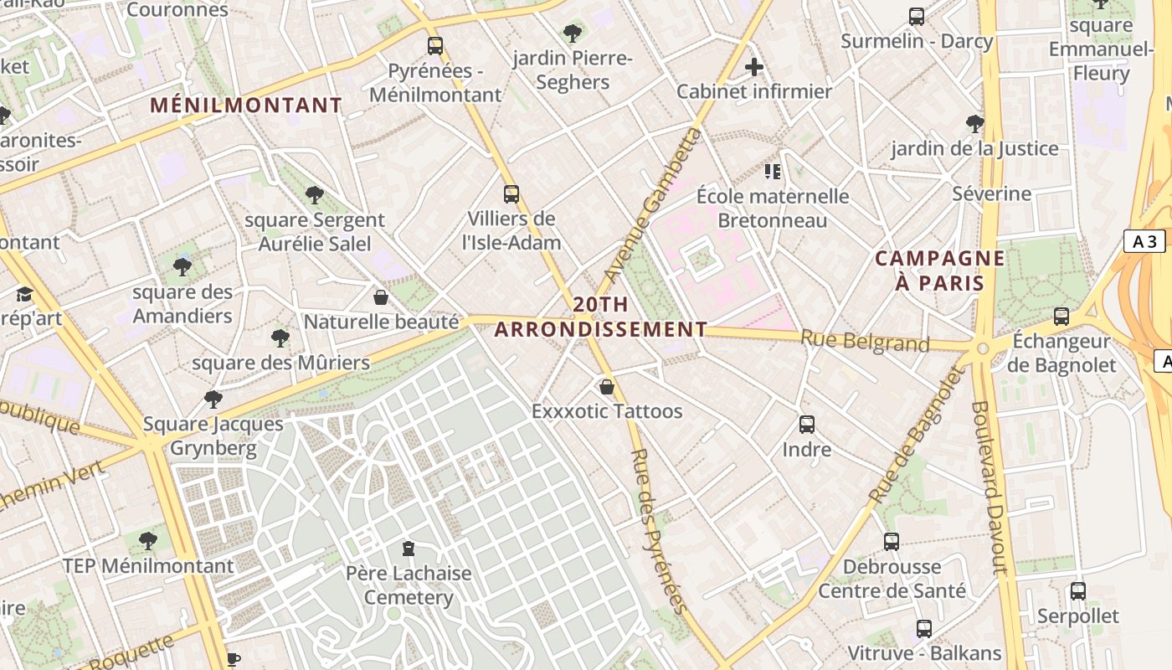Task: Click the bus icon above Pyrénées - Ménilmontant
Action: point(435,46)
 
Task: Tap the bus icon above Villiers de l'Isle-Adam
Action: point(511,194)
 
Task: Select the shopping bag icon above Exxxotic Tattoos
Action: point(607,387)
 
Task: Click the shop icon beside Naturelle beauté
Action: point(381,297)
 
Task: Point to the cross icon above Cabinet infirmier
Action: point(754,67)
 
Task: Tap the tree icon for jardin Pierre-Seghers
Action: point(573,33)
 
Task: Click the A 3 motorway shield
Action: point(1144,242)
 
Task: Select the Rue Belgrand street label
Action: point(865,341)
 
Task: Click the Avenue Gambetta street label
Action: point(651,206)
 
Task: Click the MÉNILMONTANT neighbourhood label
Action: point(246,106)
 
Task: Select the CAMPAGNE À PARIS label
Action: point(939,270)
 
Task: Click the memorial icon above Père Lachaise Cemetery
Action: point(408,549)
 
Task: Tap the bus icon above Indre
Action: point(807,425)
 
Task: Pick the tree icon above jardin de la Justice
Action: point(974,124)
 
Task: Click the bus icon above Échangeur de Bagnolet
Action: point(1061,317)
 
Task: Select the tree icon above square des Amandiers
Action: point(182,267)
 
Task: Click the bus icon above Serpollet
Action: point(1078,591)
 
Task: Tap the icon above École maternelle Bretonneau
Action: point(773,172)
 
